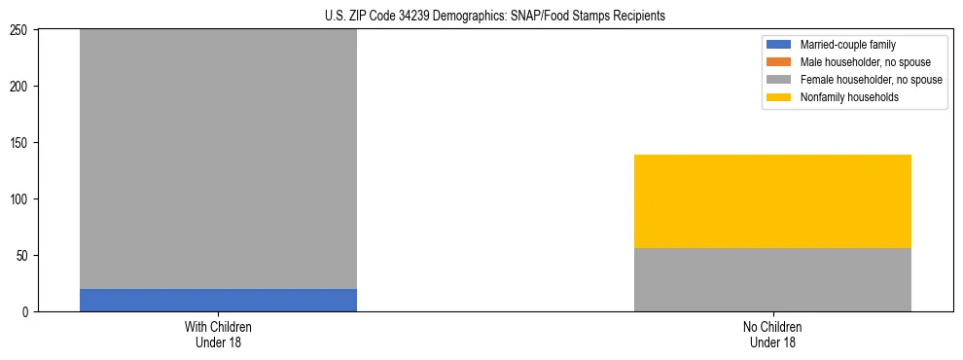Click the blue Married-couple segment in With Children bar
pyautogui.click(x=218, y=300)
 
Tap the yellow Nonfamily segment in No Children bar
pyautogui.click(x=772, y=201)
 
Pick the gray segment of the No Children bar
pyautogui.click(x=772, y=279)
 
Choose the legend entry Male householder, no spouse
pyautogui.click(x=859, y=62)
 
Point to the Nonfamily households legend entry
pyautogui.click(x=842, y=97)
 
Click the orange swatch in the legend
pyautogui.click(x=779, y=62)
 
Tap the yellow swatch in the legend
pyautogui.click(x=779, y=97)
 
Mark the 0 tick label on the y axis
pyautogui.click(x=27, y=312)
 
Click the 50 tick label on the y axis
pyautogui.click(x=24, y=256)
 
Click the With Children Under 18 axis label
pyautogui.click(x=218, y=334)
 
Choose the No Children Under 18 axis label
pyautogui.click(x=772, y=334)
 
